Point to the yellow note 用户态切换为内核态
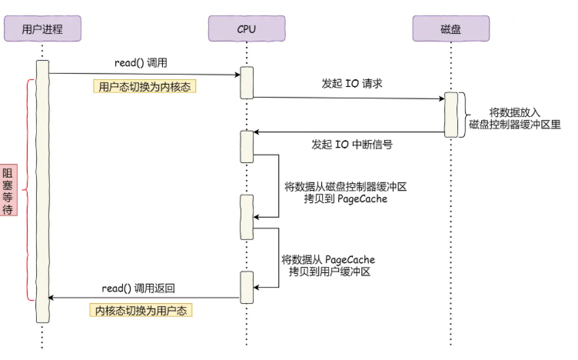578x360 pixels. point(144,87)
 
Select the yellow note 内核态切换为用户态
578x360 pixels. point(140,310)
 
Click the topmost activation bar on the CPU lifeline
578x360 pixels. point(246,83)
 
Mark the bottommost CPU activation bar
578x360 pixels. point(246,287)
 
